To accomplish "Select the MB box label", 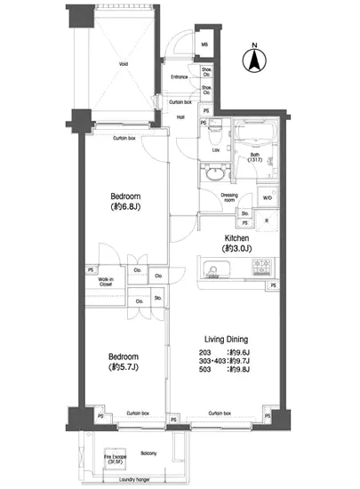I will click(204, 44).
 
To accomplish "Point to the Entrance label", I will click(179, 77).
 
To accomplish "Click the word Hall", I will click(180, 116).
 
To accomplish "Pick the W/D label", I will click(268, 197).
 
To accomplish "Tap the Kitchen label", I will click(234, 238).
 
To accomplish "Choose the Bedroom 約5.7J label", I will click(125, 360).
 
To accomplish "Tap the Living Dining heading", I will click(226, 339).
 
